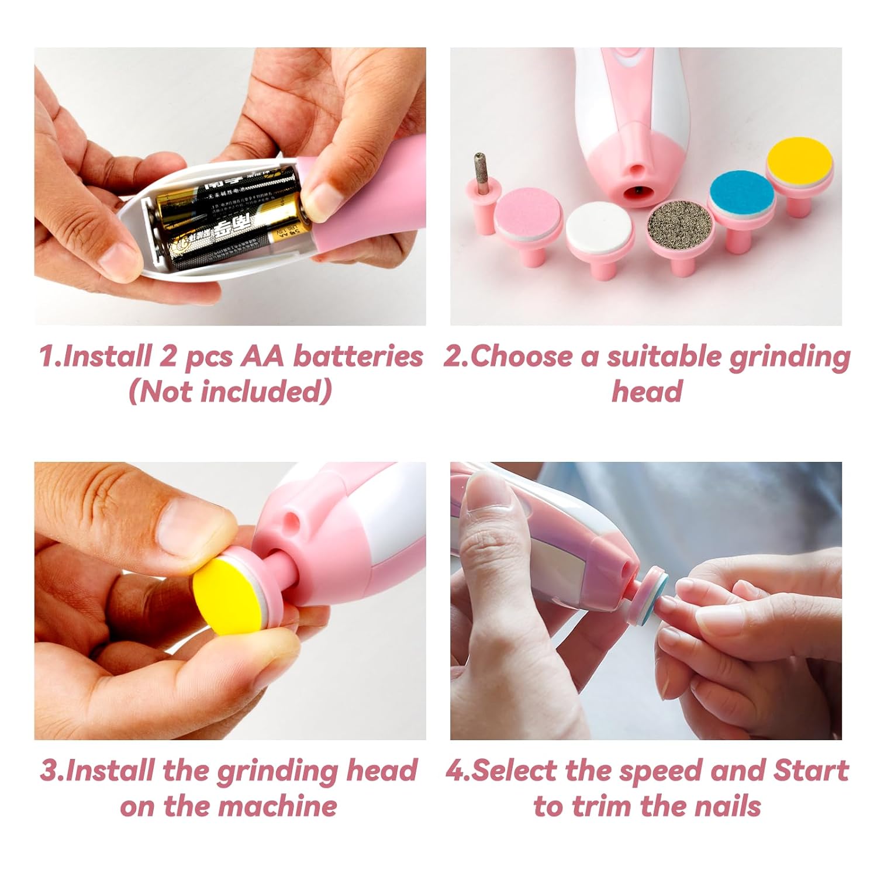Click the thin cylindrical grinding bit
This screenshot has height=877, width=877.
click(x=481, y=174)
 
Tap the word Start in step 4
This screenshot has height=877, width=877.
click(x=810, y=771)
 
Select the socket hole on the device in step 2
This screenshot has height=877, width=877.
click(x=636, y=189)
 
